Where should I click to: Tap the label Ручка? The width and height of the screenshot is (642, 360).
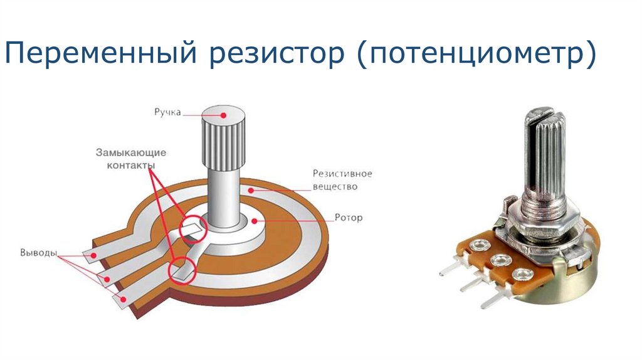[x=167, y=113]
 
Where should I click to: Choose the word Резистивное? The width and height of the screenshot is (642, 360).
[x=343, y=174]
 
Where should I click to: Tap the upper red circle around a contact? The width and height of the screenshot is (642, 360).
[x=192, y=228]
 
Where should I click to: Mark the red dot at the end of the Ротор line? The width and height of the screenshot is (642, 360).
[x=255, y=220]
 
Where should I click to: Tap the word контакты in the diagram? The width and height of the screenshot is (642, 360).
[x=125, y=164]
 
